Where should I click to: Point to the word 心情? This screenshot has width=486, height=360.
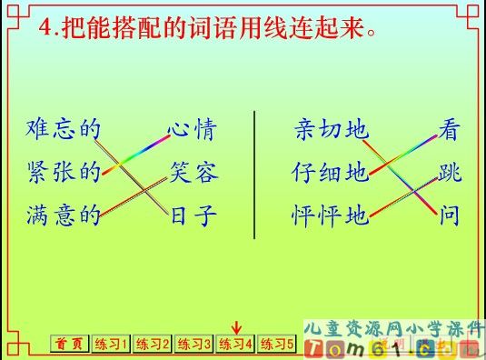pyautogui.click(x=192, y=129)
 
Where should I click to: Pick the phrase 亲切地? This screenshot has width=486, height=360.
pyautogui.click(x=332, y=129)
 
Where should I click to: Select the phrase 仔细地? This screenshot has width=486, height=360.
pyautogui.click(x=332, y=172)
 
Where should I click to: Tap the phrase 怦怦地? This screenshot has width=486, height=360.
pyautogui.click(x=332, y=216)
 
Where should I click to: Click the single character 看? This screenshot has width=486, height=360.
pyautogui.click(x=449, y=129)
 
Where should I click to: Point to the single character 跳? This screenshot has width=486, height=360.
pyautogui.click(x=449, y=172)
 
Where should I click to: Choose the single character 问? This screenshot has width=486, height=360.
pyautogui.click(x=449, y=216)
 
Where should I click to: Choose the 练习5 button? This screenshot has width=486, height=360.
pyautogui.click(x=277, y=345)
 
